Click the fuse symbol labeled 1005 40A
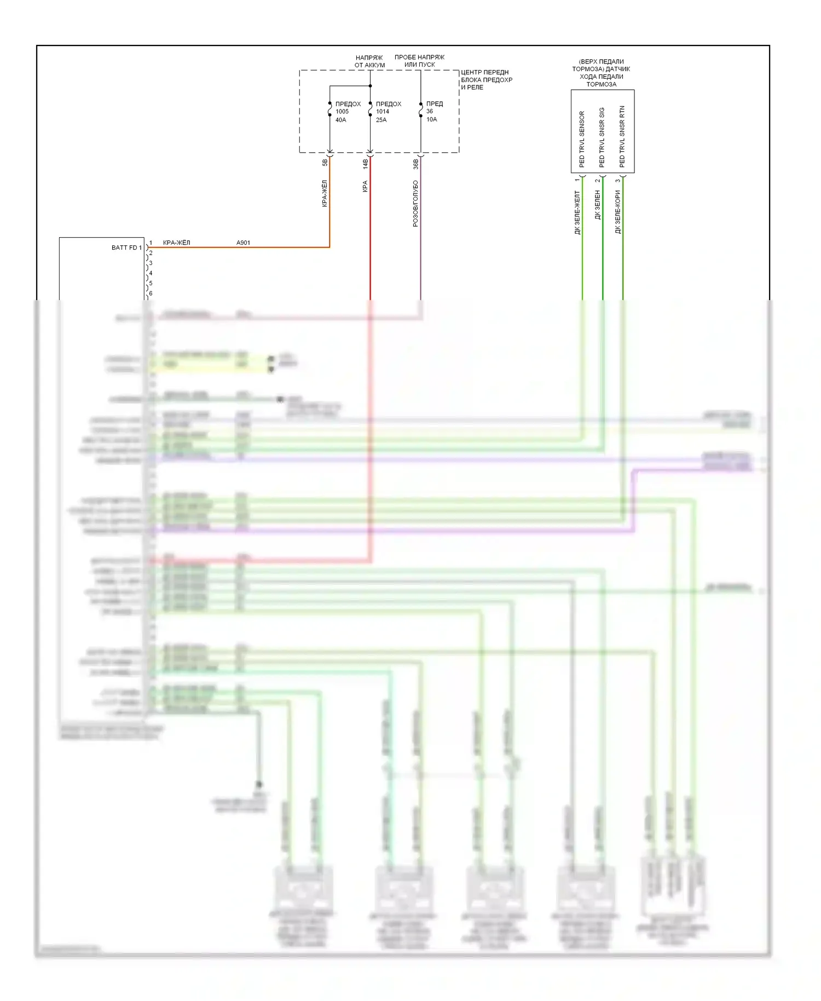[329, 110]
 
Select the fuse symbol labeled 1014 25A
[371, 110]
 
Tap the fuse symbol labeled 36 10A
[420, 110]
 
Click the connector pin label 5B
[325, 163]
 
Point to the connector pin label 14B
[365, 163]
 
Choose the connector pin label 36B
[415, 163]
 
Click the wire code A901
[243, 243]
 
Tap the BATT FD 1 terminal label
[126, 248]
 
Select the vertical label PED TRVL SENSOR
[582, 139]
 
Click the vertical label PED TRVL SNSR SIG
[602, 137]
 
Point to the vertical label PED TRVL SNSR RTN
[622, 137]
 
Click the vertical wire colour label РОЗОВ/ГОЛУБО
[415, 203]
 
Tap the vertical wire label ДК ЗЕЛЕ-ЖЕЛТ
[577, 212]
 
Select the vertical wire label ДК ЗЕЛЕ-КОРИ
[618, 212]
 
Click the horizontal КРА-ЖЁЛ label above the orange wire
[176, 243]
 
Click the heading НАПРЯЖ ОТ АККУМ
[369, 61]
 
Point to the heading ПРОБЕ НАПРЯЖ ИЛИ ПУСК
[419, 61]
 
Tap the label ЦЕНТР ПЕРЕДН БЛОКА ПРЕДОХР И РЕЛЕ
[486, 79]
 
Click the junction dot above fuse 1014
[371, 86]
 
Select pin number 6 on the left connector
[151, 294]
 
